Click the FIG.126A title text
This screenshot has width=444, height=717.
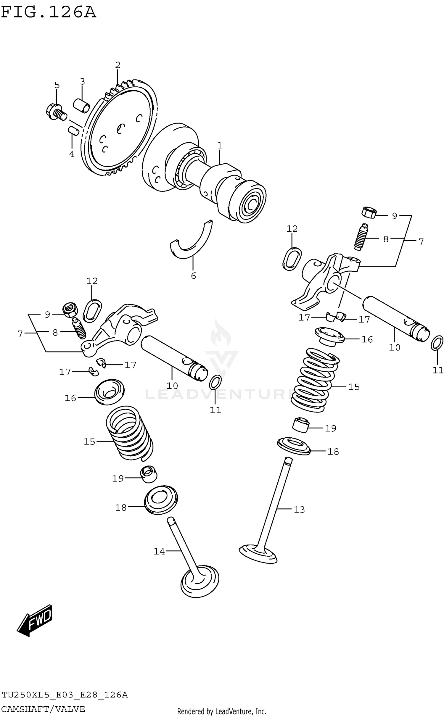coord(49,12)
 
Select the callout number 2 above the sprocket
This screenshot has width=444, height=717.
coord(118,65)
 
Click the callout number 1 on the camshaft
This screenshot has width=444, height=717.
coord(220,146)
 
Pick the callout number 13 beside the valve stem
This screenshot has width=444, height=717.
coord(299,509)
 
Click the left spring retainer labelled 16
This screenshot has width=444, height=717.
coord(110,392)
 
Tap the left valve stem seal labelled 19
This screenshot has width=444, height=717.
coord(149,473)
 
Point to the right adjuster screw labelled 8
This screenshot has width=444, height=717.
coord(361,237)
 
